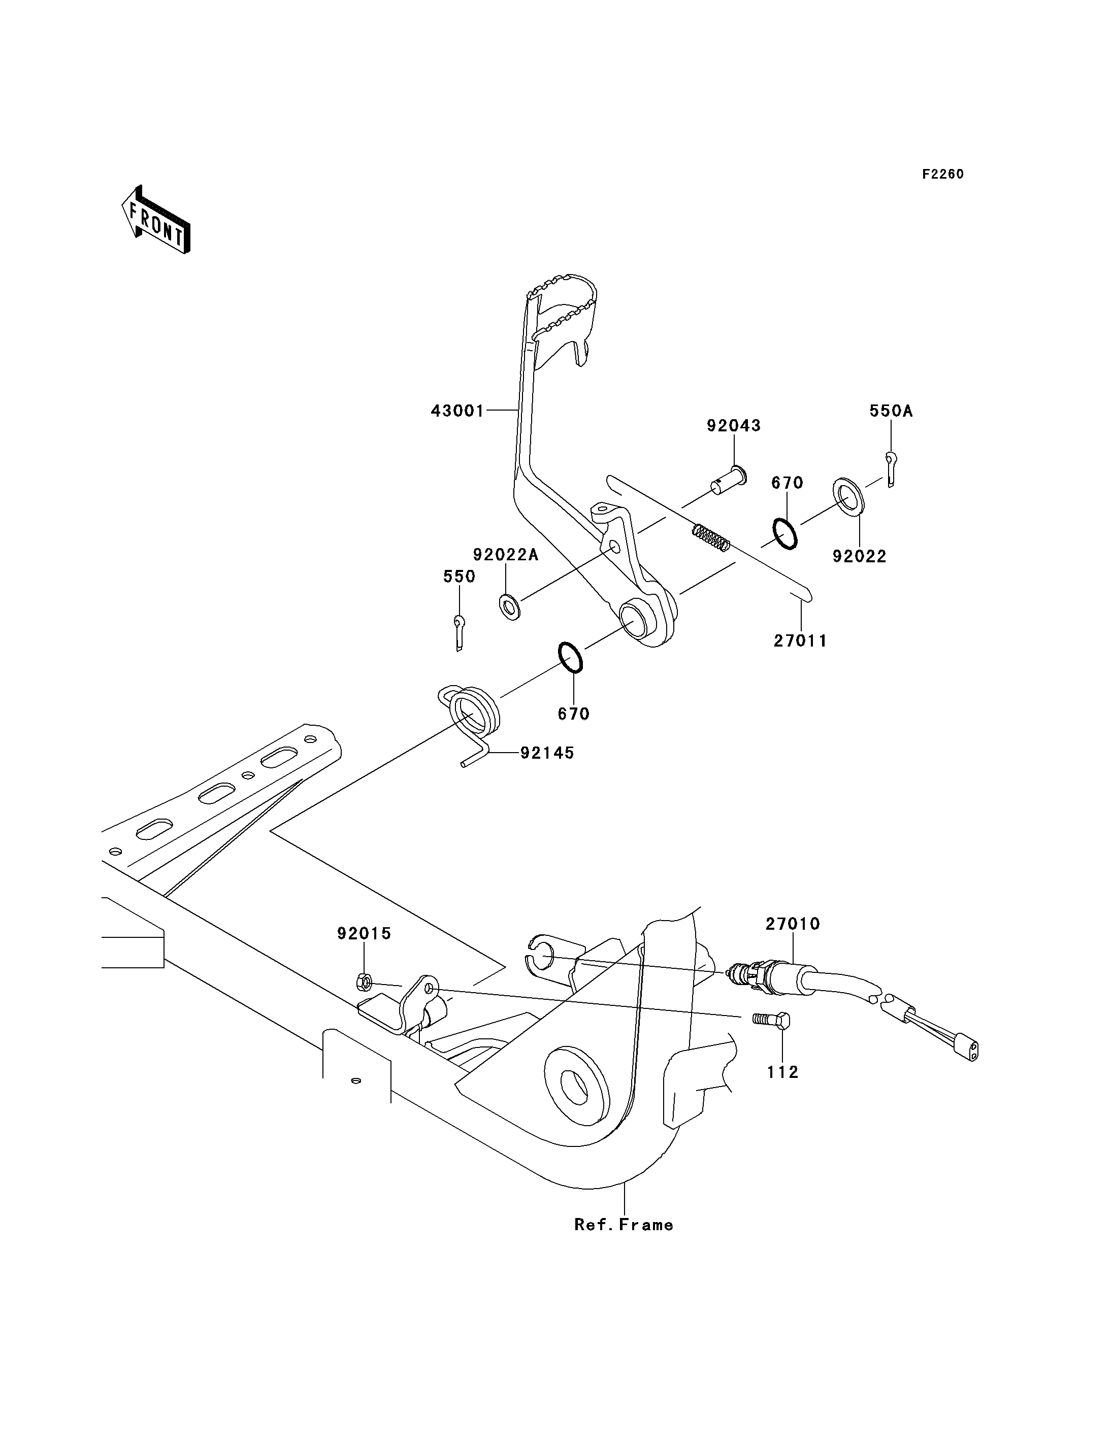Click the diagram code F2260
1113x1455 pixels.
pyautogui.click(x=943, y=174)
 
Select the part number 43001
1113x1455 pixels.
pyautogui.click(x=458, y=411)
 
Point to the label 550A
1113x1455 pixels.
pyautogui.click(x=891, y=411)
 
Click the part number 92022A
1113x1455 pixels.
pyautogui.click(x=506, y=555)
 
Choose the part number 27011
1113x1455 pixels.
pyautogui.click(x=801, y=641)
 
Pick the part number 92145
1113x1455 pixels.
pyautogui.click(x=547, y=753)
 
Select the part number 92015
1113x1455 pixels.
pyautogui.click(x=365, y=934)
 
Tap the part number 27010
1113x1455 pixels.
pyautogui.click(x=793, y=924)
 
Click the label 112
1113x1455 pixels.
pyautogui.click(x=783, y=1072)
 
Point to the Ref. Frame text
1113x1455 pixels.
pyautogui.click(x=624, y=1225)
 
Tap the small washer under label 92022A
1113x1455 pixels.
pyautogui.click(x=509, y=606)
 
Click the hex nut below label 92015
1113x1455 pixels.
pyautogui.click(x=364, y=982)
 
